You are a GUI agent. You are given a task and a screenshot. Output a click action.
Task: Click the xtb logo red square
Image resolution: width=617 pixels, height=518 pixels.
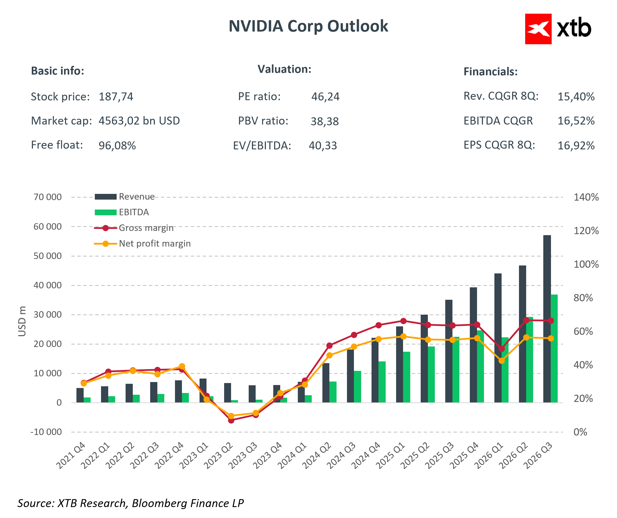click(538, 29)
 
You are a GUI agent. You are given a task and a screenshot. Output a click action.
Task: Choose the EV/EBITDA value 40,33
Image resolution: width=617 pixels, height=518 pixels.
click(323, 146)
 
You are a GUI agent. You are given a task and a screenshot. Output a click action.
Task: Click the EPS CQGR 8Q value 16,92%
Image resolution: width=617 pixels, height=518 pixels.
click(576, 146)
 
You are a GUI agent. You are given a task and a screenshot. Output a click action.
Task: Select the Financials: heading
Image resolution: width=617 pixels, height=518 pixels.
click(490, 72)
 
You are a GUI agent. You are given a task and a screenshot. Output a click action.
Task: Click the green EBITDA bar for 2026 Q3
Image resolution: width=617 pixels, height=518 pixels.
click(554, 349)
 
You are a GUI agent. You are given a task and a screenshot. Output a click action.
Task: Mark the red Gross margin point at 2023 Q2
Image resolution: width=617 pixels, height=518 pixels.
click(231, 420)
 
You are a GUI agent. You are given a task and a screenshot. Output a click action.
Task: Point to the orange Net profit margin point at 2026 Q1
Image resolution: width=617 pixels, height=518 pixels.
click(502, 361)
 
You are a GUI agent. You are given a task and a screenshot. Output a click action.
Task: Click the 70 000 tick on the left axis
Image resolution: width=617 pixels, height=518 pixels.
click(48, 197)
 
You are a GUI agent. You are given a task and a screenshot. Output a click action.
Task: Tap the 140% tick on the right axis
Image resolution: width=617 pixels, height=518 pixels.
click(586, 197)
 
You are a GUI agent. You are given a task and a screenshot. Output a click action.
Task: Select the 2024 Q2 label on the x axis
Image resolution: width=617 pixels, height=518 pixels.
click(317, 456)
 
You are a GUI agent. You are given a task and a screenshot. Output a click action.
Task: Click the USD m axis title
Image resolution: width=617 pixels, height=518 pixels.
click(22, 321)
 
